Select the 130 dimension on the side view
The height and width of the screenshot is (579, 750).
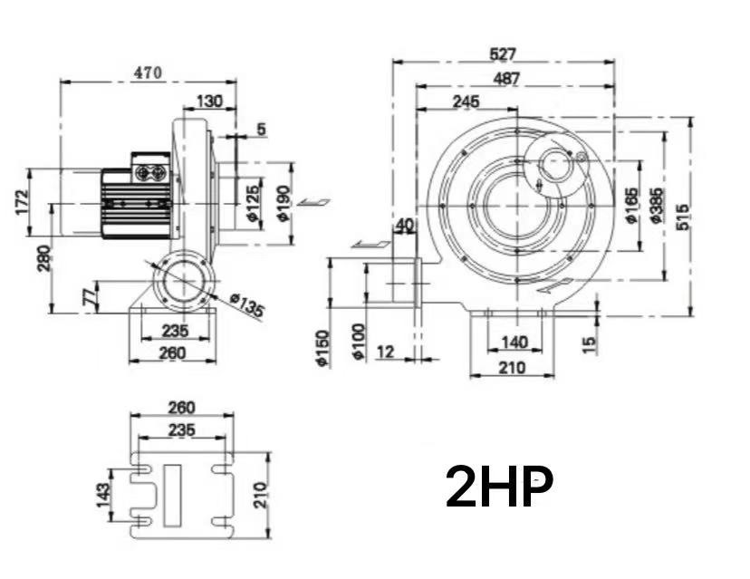pyautogui.click(x=209, y=101)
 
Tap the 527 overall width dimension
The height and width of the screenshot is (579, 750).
pyautogui.click(x=503, y=54)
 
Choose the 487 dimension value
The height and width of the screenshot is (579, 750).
pyautogui.click(x=506, y=79)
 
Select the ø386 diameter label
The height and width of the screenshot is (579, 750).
pyautogui.click(x=656, y=206)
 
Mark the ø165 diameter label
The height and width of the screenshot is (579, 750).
pyautogui.click(x=630, y=206)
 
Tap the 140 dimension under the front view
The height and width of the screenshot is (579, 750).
pyautogui.click(x=514, y=343)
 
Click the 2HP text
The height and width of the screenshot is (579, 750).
pyautogui.click(x=498, y=487)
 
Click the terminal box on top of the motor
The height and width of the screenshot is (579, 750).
pyautogui.click(x=150, y=168)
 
